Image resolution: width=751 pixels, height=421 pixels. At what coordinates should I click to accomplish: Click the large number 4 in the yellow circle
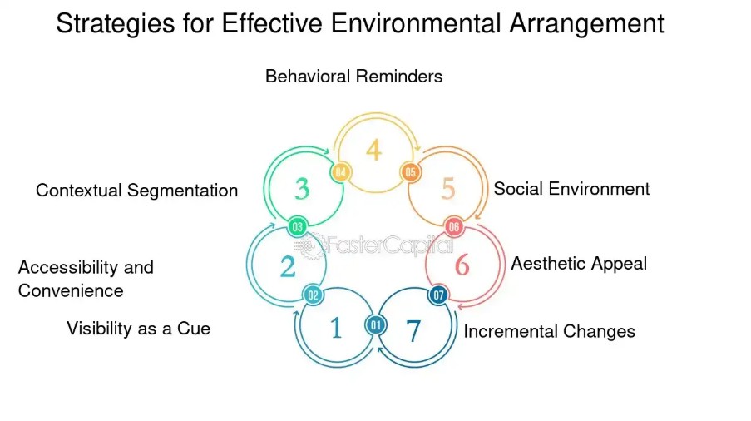coord(374,150)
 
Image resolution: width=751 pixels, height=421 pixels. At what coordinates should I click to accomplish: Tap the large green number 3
coord(302,189)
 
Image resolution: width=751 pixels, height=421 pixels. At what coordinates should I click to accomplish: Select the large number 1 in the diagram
coord(336,328)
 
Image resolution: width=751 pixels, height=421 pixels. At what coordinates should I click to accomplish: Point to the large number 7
coord(413,330)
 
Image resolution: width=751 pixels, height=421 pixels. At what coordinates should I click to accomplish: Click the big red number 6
coord(462,265)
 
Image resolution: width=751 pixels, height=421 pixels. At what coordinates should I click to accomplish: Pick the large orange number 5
coord(447,189)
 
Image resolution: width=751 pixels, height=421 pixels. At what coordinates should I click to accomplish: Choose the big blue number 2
coord(288,267)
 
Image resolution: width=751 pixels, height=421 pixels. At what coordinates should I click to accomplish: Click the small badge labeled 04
coord(340,172)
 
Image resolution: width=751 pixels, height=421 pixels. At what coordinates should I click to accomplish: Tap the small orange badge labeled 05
coord(411,172)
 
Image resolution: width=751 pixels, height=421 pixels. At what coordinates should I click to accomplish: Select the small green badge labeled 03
coord(298,227)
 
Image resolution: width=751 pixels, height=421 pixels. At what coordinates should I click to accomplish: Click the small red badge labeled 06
coord(453,227)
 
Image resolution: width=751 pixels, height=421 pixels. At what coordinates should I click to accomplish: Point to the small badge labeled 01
coord(376,325)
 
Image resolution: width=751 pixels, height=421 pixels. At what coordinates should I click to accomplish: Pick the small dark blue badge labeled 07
coord(438,295)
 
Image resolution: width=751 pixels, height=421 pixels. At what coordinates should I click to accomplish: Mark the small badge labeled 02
coord(313,295)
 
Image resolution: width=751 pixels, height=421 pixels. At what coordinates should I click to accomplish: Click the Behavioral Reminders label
coord(354,77)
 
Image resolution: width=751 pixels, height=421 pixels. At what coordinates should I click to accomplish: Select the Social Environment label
coord(571,189)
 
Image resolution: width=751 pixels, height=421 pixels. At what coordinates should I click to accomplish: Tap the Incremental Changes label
coord(550,331)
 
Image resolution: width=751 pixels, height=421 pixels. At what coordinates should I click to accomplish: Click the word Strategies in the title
coord(116,24)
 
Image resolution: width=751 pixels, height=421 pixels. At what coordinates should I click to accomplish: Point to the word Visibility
coord(99,329)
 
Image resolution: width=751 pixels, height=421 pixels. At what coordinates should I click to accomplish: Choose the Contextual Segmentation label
coord(137,191)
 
